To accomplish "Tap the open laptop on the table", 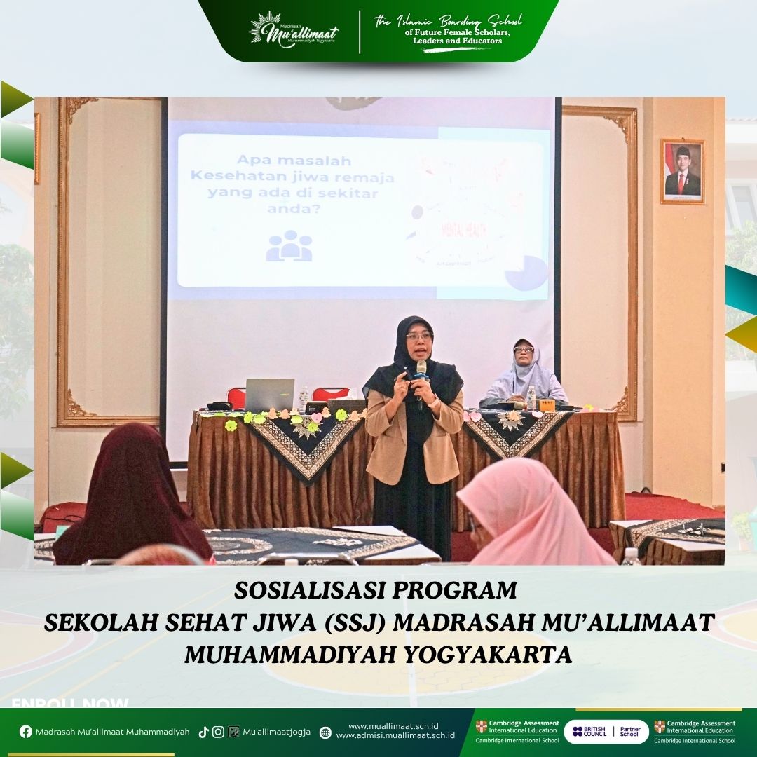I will [270, 395].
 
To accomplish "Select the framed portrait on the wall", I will [682, 171].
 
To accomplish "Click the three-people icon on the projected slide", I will [289, 246].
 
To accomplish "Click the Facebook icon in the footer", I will [26, 732].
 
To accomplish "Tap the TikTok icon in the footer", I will [203, 732].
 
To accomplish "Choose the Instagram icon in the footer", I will [218, 732].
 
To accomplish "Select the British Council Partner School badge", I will [606, 732].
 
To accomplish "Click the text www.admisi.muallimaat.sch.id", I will [395, 736].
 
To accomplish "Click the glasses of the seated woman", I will [524, 349].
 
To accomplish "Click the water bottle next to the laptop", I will [304, 398].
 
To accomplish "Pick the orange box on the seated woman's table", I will [546, 405].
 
